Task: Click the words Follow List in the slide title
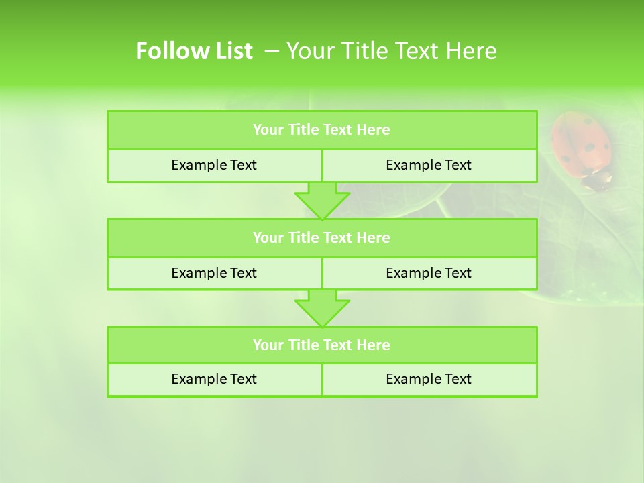tap(194, 51)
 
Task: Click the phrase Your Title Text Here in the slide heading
tap(392, 51)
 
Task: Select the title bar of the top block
tap(322, 130)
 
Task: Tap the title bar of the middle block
tap(322, 238)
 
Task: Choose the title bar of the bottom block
tap(322, 345)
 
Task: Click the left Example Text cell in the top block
tap(214, 166)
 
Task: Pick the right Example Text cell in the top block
tap(429, 166)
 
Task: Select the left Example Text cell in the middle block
tap(214, 273)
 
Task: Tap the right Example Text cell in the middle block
tap(429, 273)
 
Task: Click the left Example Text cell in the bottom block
tap(214, 380)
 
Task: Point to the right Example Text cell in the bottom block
tap(429, 380)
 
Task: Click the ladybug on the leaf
tap(582, 148)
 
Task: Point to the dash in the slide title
tap(272, 51)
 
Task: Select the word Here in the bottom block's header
tap(374, 345)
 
